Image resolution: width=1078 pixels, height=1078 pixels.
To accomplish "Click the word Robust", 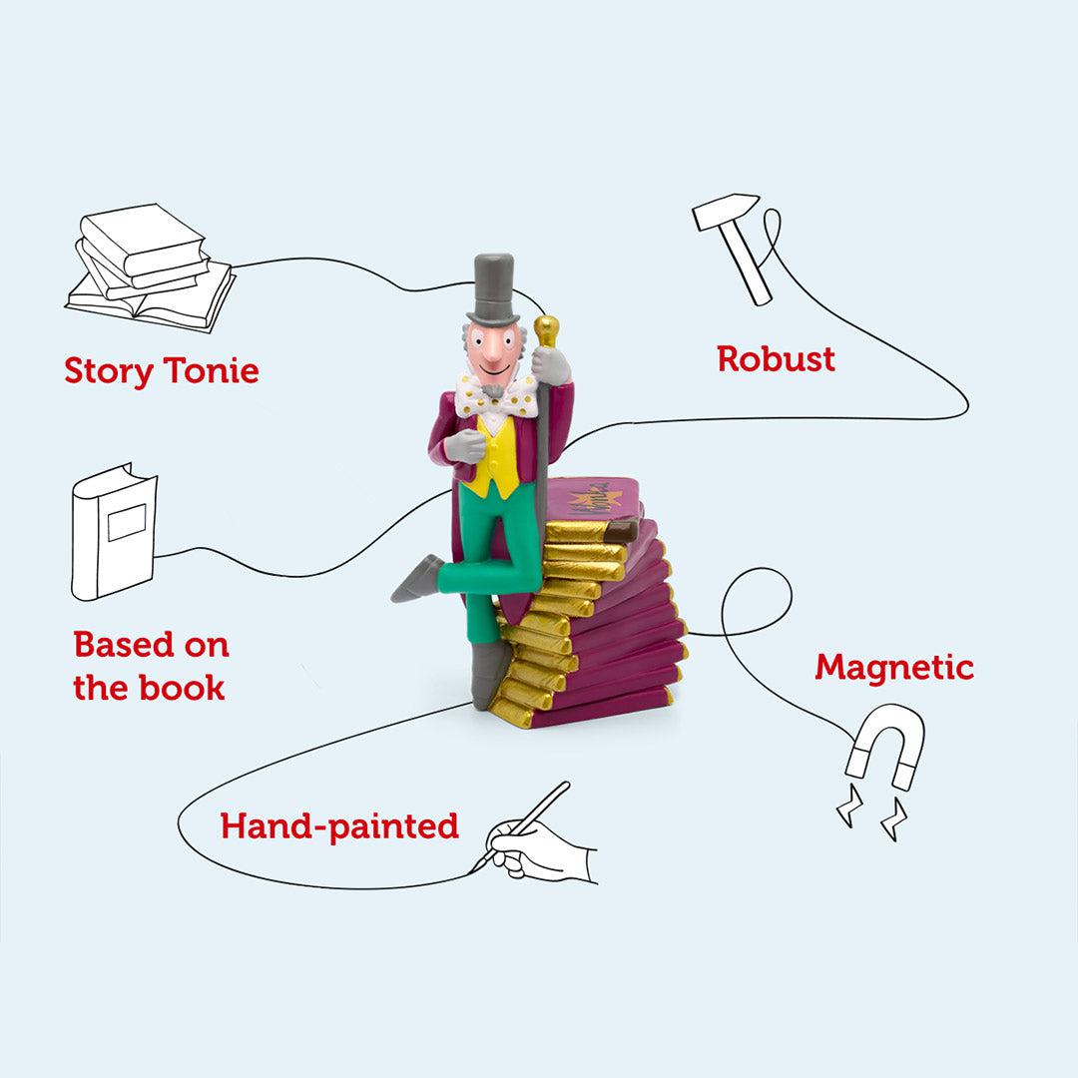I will pos(776,358).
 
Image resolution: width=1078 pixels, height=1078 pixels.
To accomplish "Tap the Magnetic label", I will pos(893,667).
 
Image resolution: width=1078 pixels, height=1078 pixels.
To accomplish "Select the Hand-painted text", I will pos(339,826).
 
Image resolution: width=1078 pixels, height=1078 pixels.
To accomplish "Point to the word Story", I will pos(109,371).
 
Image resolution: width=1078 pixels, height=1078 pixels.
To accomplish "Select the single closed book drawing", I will pos(113,531).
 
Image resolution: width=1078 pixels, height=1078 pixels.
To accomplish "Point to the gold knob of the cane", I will pos(546,330).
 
